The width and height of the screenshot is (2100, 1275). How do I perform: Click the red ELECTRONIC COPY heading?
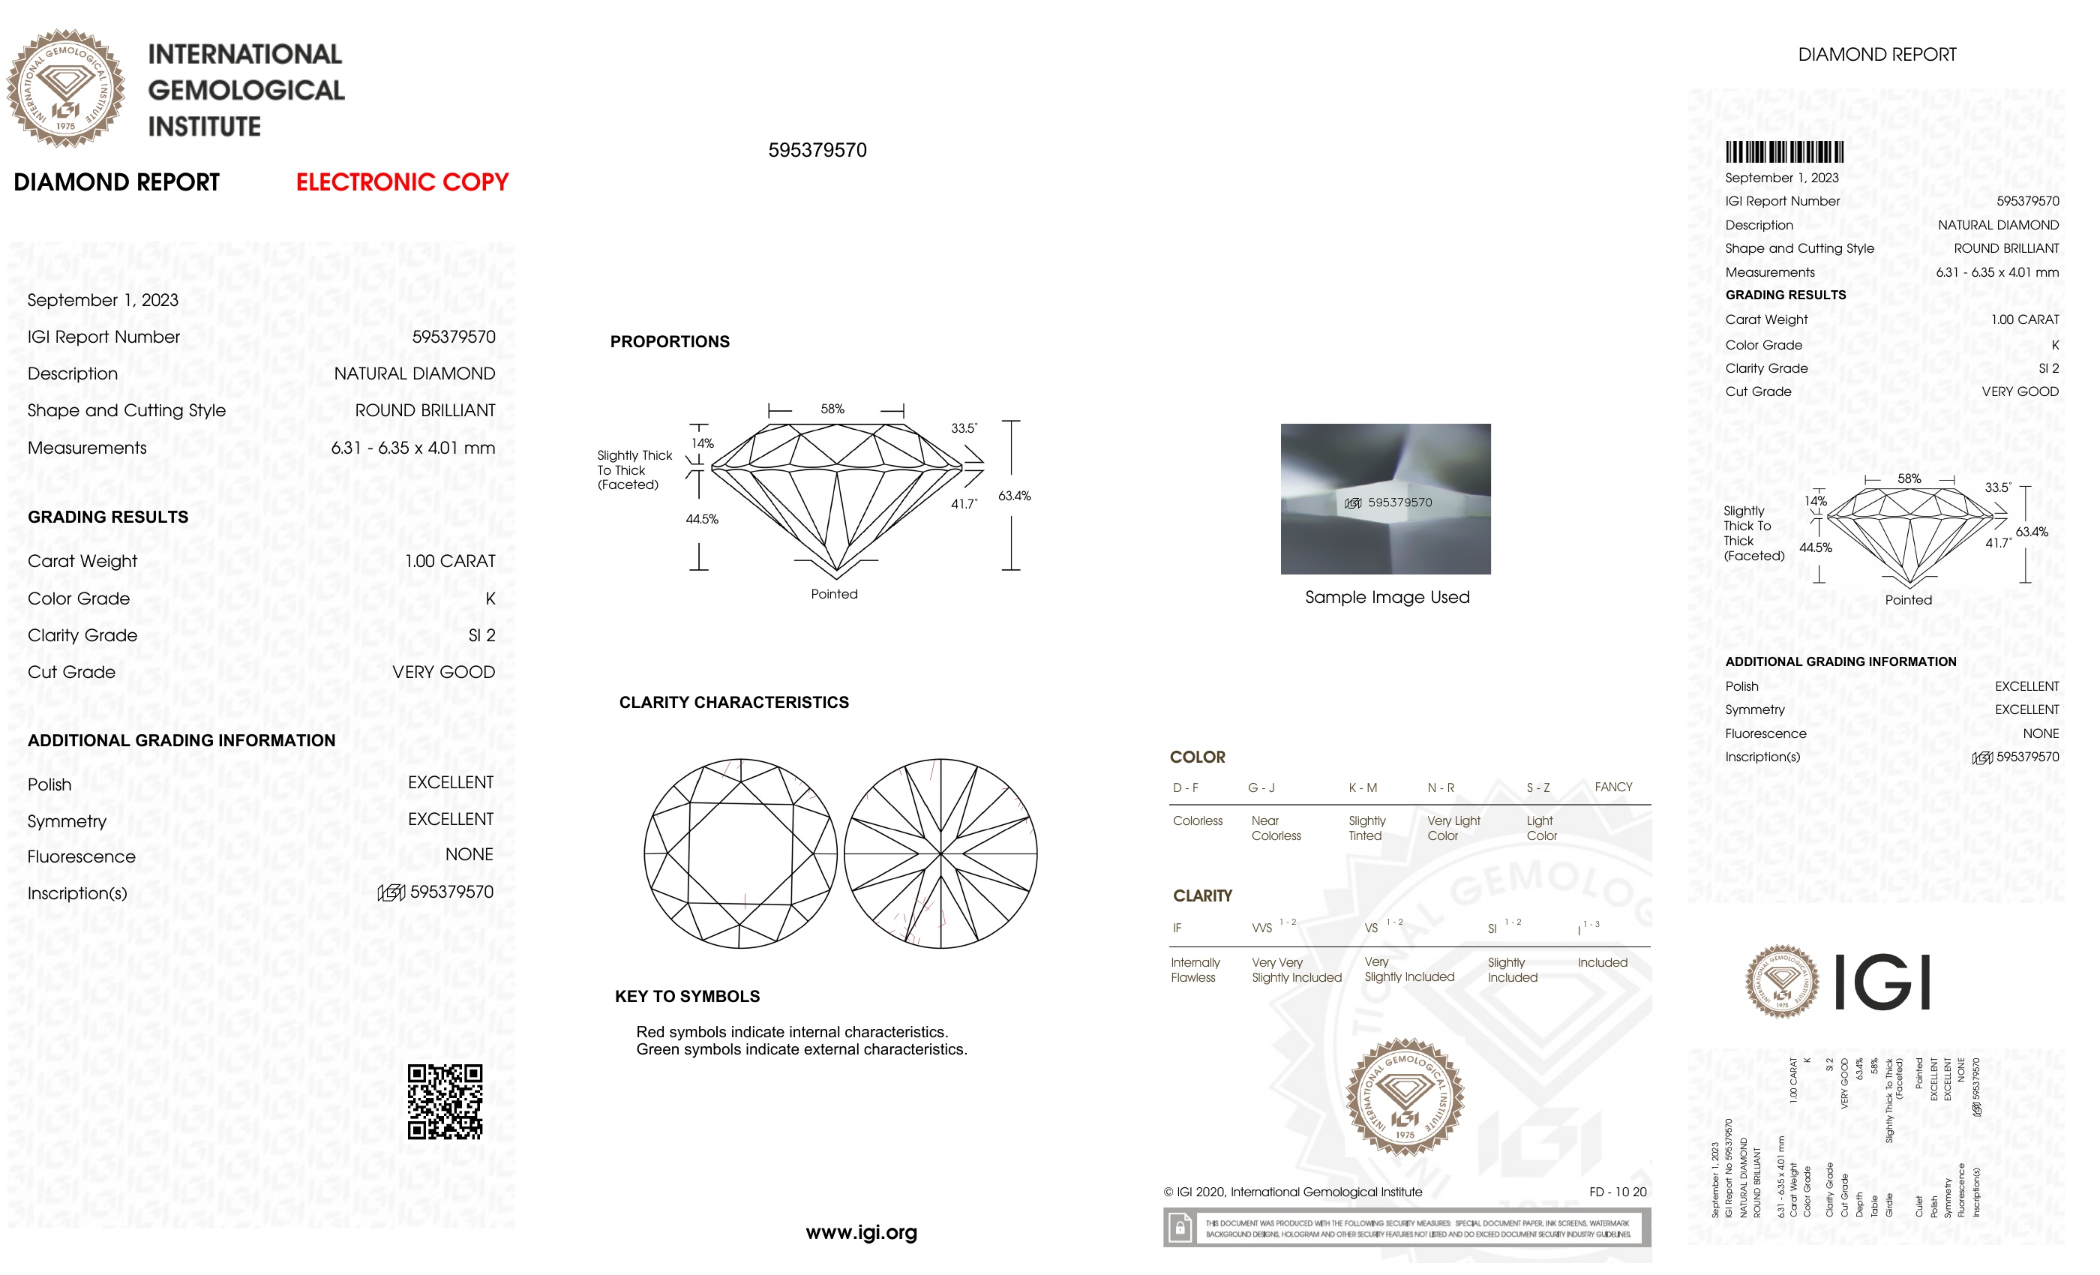pos(401,182)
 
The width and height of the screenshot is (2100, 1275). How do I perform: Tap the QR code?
pos(445,1101)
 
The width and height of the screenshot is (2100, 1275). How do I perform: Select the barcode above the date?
pos(1783,152)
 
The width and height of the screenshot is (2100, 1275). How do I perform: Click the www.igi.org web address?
pos(861,1231)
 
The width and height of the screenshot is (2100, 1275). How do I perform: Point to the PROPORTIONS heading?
pos(670,342)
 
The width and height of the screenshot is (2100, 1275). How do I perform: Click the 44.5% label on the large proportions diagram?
pos(701,519)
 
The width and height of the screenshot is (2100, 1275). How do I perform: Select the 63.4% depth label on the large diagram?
pos(1014,496)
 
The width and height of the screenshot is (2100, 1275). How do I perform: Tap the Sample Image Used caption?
pos(1387,598)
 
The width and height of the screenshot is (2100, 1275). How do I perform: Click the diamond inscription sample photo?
pos(1385,499)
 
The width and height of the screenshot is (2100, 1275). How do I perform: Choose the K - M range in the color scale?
pos(1362,787)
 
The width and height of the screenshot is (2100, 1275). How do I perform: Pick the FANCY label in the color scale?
pos(1612,787)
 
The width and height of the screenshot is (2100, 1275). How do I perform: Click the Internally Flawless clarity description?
pos(1195,970)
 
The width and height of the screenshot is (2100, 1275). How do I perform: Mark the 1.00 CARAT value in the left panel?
pos(450,561)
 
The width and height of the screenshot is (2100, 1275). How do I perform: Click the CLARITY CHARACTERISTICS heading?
pos(733,702)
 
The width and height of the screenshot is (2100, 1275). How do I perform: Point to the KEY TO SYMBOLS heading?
pos(687,996)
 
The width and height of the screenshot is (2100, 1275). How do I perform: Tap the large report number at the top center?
pos(817,150)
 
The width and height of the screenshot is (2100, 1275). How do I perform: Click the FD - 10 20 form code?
pos(1617,1192)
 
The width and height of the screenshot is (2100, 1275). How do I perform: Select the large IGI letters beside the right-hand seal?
pos(1881,982)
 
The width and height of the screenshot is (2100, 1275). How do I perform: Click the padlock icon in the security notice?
pos(1180,1228)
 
